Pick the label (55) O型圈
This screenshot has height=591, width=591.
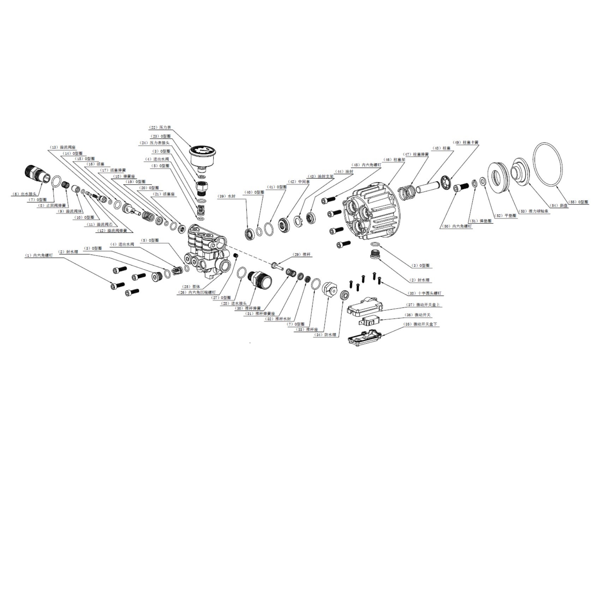578,202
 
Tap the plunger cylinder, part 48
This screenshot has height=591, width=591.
428,186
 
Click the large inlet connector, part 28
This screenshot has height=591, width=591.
260,280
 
